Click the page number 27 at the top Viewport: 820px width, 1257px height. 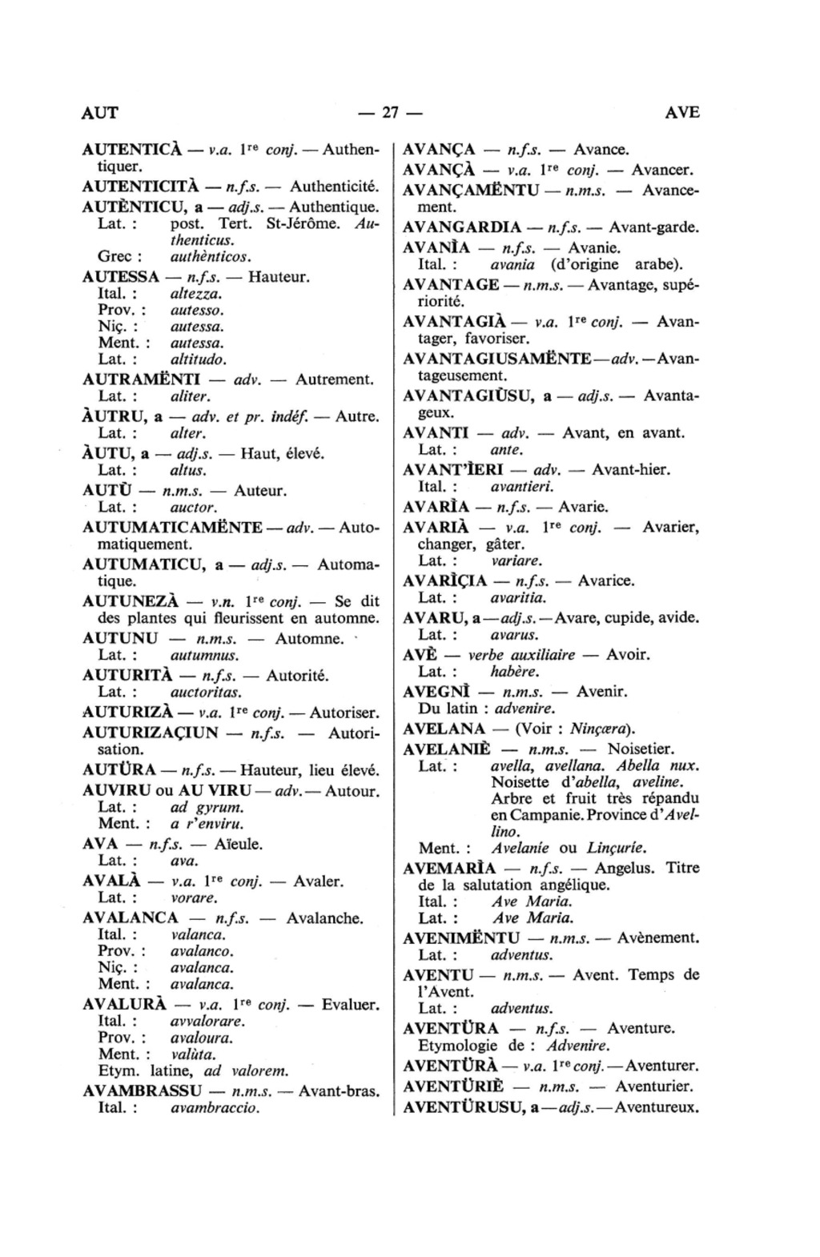coord(390,112)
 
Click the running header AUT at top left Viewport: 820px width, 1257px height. coord(100,112)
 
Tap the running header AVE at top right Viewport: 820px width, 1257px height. coord(682,112)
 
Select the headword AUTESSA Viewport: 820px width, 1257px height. coord(120,277)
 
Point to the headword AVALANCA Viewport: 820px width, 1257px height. coord(131,918)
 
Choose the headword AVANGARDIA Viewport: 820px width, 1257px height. coord(463,227)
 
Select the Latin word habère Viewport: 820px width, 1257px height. coord(515,672)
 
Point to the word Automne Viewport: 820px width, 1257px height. coord(309,638)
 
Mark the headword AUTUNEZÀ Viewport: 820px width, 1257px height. coord(131,601)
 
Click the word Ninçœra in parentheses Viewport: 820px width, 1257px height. coord(601,729)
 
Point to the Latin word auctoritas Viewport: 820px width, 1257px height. coord(206,692)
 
